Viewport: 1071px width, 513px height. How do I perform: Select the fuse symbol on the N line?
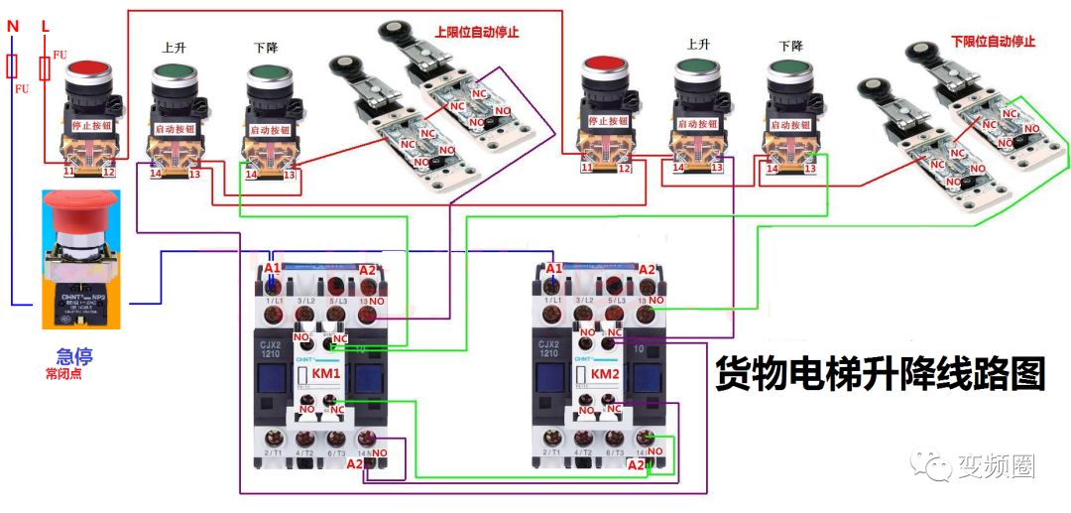click(x=13, y=65)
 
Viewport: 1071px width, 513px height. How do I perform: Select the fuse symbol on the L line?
click(x=45, y=67)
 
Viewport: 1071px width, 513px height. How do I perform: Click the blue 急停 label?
click(x=75, y=355)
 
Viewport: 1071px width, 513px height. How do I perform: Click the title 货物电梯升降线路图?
click(x=881, y=375)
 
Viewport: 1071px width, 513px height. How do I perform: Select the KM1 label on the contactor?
click(x=326, y=373)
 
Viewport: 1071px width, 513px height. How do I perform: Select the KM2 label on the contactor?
click(x=606, y=373)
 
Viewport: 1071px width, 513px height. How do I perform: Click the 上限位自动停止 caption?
click(x=477, y=32)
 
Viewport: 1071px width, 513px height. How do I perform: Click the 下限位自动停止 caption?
click(x=993, y=42)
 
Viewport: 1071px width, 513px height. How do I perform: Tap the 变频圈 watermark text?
click(x=996, y=464)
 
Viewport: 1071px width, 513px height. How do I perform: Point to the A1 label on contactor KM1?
click(x=273, y=269)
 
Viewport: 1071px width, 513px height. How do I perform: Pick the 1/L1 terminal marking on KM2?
click(x=551, y=299)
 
